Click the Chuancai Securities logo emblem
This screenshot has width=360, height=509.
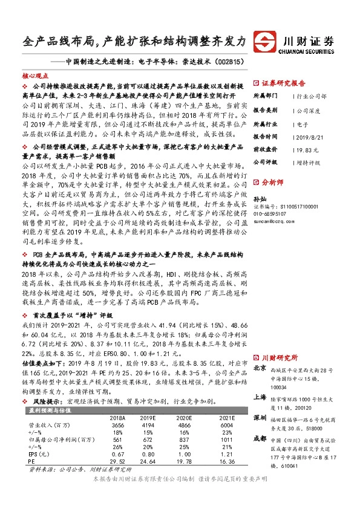(264, 42)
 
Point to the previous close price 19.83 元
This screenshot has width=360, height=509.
(308, 149)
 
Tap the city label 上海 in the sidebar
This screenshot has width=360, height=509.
(260, 398)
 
